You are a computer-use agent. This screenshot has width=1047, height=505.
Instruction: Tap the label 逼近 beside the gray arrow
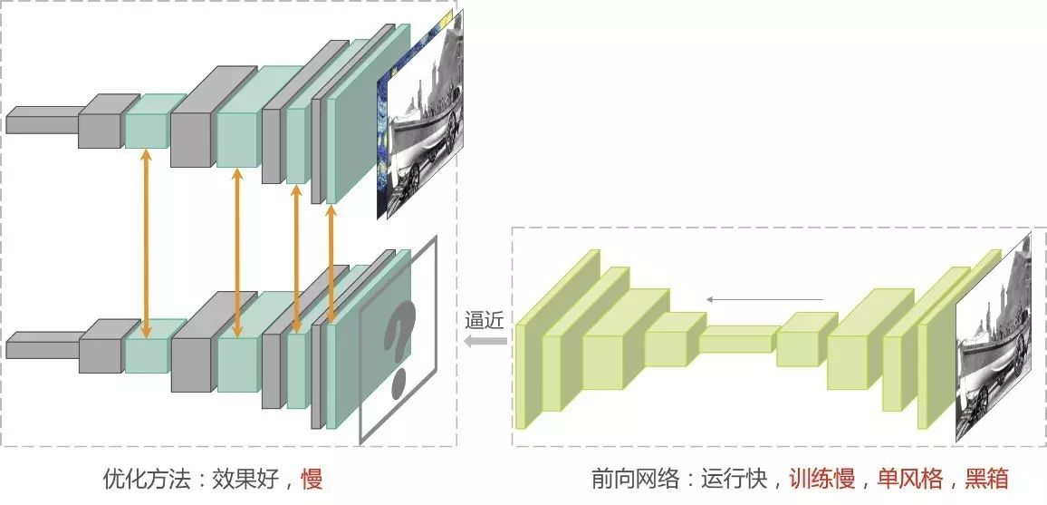coord(483,319)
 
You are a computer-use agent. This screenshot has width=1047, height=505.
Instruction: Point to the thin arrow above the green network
coord(764,298)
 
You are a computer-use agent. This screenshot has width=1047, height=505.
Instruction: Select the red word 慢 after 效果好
coord(312,478)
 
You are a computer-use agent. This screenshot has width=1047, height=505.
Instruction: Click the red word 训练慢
coord(821,478)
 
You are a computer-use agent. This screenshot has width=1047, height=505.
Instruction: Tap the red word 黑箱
coord(987,478)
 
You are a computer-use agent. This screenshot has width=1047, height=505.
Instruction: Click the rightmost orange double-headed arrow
coord(331,263)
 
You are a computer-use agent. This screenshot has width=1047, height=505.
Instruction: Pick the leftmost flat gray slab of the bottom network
coord(41,345)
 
